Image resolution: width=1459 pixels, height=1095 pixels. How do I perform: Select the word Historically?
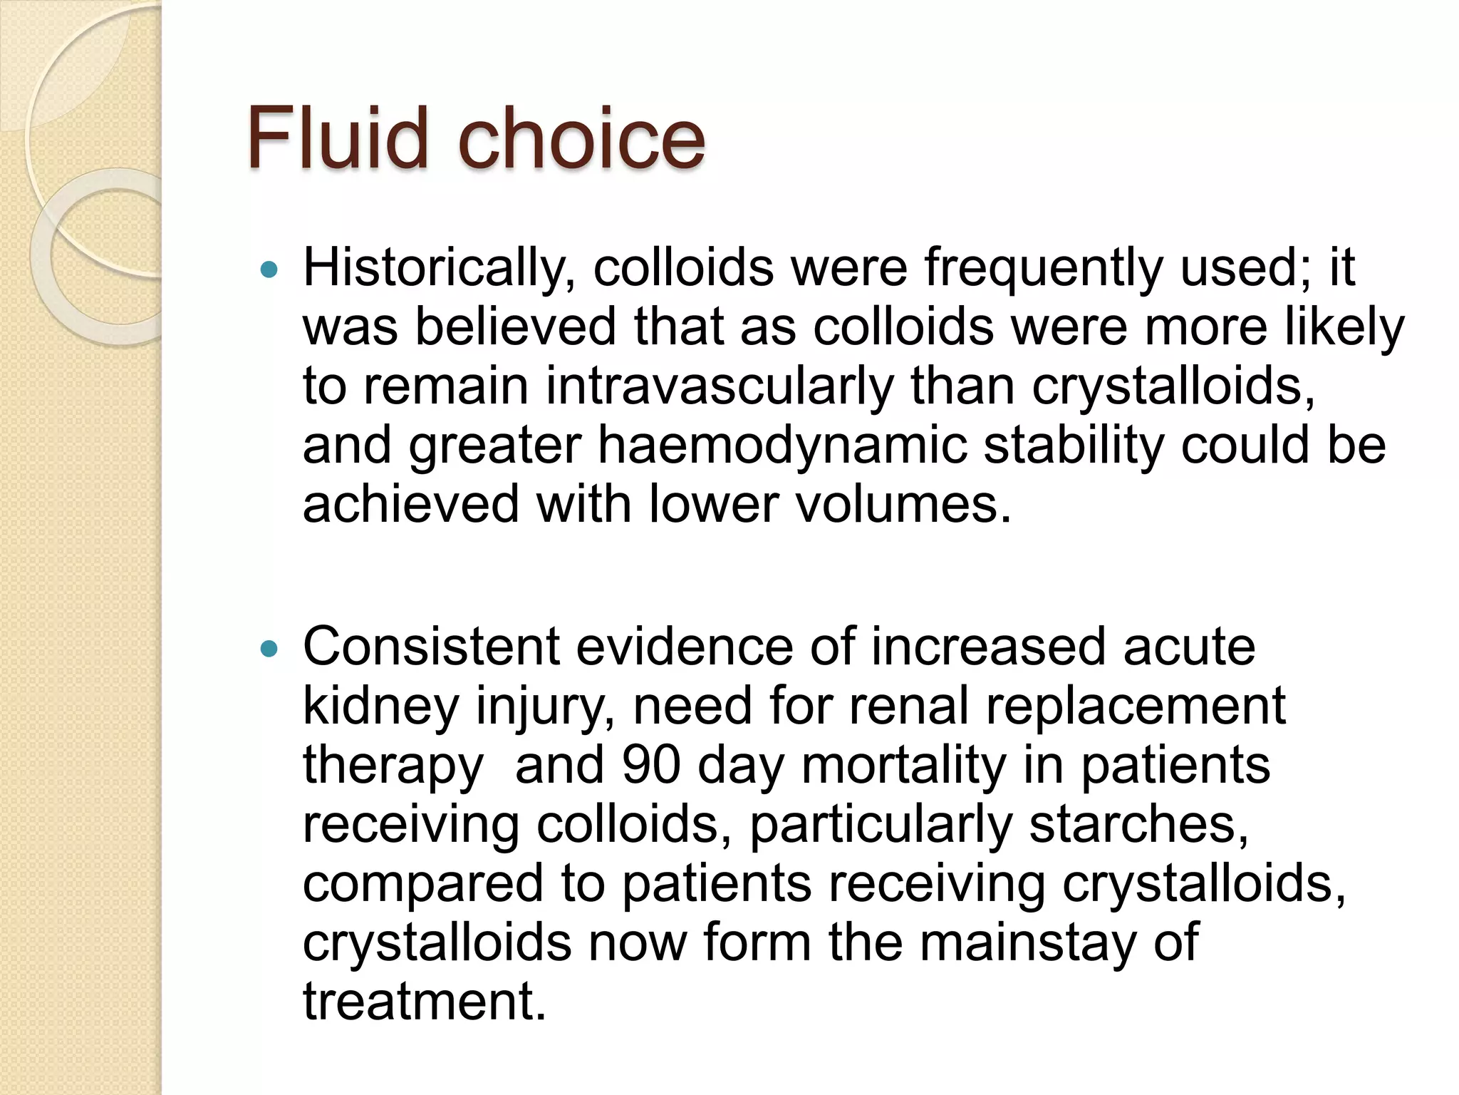coord(439,269)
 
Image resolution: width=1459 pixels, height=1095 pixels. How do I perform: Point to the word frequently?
coord(1044,269)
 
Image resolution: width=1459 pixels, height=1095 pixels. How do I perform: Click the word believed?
coord(515,327)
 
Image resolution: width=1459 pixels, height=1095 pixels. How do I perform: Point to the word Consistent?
coord(431,647)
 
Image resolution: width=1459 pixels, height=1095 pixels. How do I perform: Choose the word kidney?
coord(381,706)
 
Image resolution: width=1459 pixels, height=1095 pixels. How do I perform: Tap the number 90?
coord(651,765)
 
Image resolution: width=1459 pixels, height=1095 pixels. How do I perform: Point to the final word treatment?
coord(425,1001)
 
